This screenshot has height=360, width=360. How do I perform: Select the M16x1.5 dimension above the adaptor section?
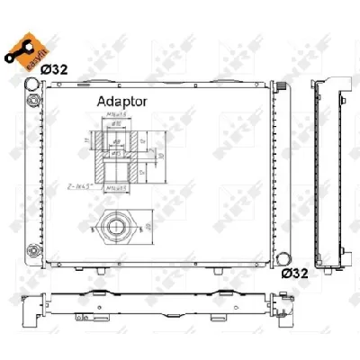click(x=116, y=115)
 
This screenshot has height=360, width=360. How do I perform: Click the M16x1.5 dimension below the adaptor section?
click(x=116, y=189)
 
